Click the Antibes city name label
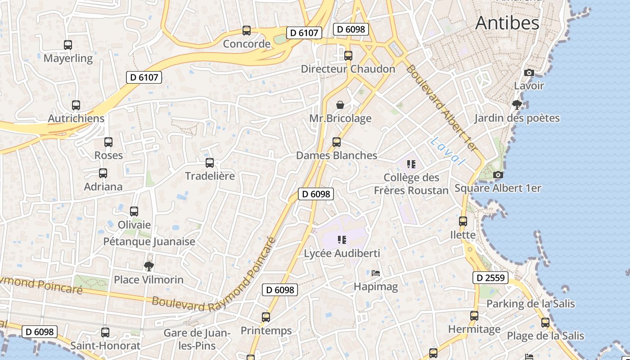(507, 22)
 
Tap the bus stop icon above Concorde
(246, 31)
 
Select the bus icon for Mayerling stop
(68, 45)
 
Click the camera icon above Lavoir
(529, 72)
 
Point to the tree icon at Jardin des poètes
(517, 105)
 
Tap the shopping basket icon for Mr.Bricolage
(340, 105)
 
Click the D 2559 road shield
(490, 278)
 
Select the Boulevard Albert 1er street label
(441, 108)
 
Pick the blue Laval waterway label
(447, 151)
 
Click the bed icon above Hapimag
(376, 273)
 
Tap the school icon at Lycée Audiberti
(342, 240)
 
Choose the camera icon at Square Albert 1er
(497, 175)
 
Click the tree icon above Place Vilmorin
(148, 266)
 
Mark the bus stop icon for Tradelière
(210, 163)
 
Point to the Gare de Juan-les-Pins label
(197, 339)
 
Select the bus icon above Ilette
(463, 221)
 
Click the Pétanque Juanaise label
(149, 242)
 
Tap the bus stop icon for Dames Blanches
(336, 142)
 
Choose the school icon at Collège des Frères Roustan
(411, 164)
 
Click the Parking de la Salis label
(530, 304)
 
